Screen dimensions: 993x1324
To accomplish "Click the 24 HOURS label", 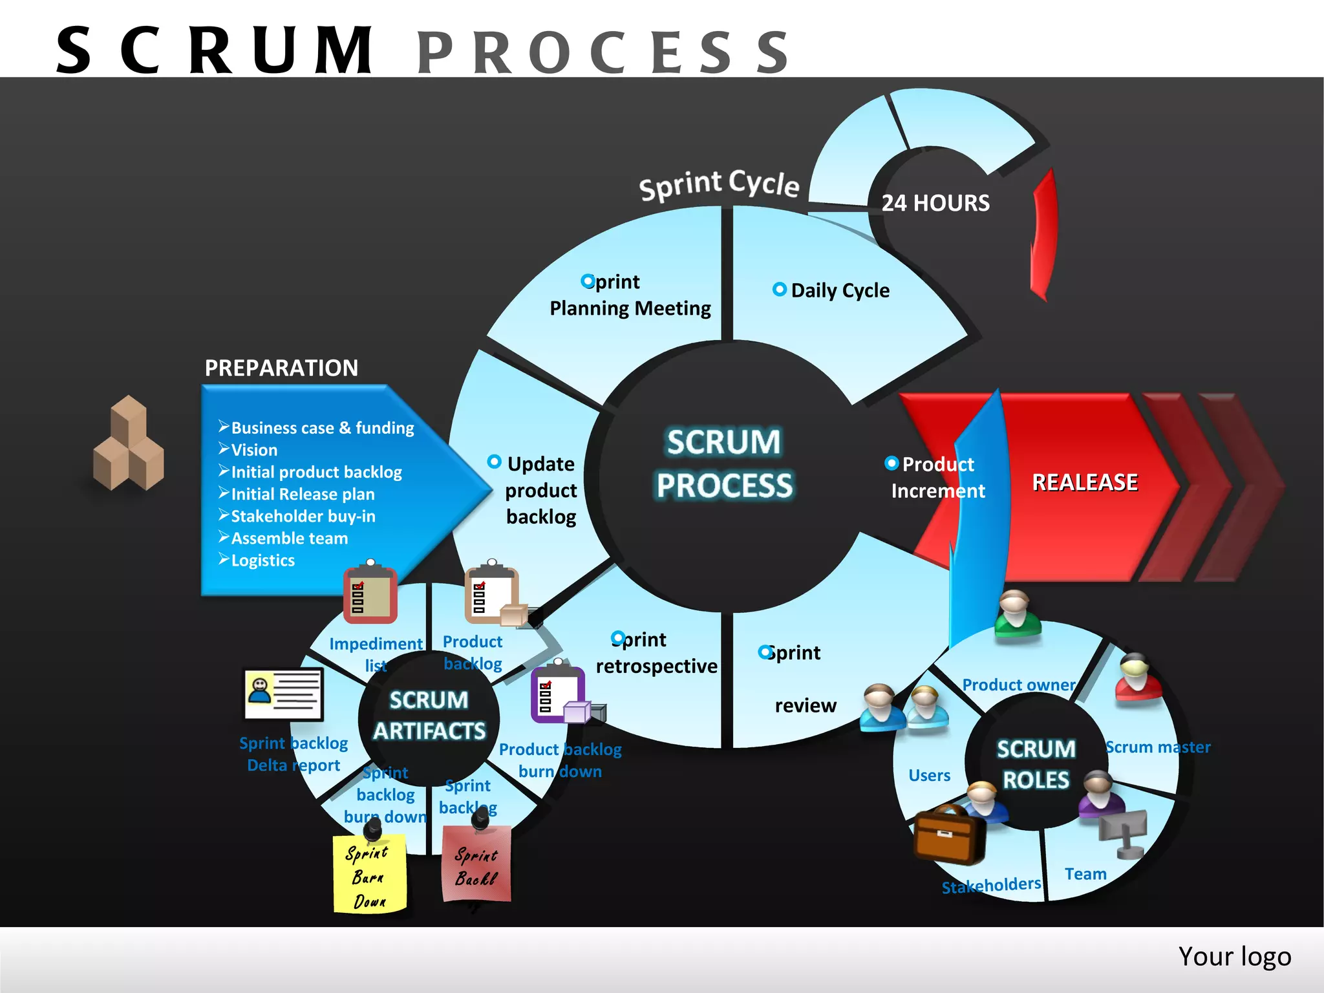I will (x=935, y=203).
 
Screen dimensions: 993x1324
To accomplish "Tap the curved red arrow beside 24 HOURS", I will (x=1043, y=236).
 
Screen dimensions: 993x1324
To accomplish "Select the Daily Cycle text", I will (x=839, y=290).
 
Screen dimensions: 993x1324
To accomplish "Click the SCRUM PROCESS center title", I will (x=724, y=464).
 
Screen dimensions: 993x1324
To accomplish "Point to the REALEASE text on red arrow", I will (x=1084, y=482).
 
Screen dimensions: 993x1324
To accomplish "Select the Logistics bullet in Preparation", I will (x=262, y=561).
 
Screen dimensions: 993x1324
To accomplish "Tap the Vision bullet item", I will (x=253, y=450).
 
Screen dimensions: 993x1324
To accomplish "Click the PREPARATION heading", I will (x=281, y=368).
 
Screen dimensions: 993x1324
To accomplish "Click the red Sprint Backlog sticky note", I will (x=476, y=864).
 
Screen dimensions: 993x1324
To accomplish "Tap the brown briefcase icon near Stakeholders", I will (x=948, y=836).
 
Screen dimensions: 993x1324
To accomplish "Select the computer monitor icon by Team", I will (x=1124, y=833).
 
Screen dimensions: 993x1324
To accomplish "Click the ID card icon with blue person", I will (x=283, y=694).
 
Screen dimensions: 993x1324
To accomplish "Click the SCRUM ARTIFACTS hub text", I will (x=429, y=716).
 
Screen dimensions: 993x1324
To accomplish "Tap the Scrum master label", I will (x=1157, y=747).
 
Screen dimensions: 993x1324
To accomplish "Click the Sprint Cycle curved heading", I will (x=719, y=185).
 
